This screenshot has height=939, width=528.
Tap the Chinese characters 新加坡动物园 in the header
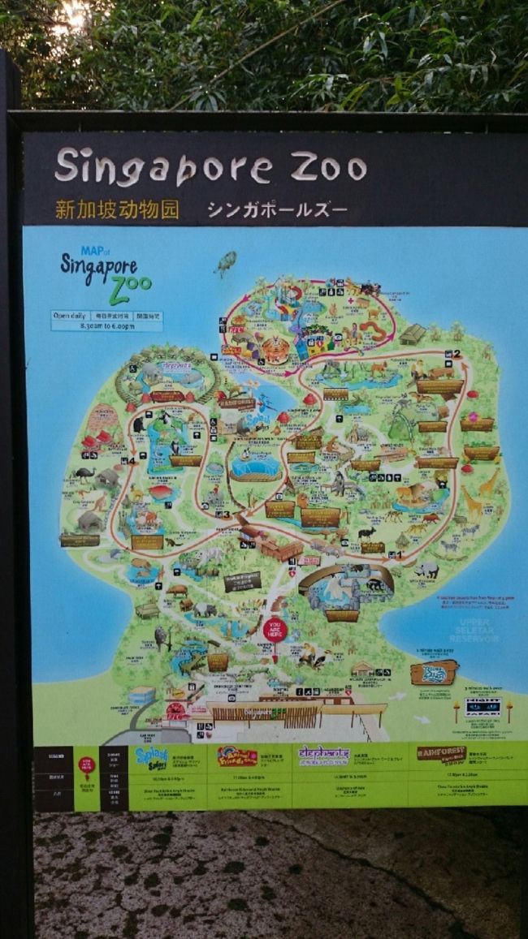pos(117,209)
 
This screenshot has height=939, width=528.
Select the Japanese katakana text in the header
pos(277,210)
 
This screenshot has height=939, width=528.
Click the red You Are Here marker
pos(275,630)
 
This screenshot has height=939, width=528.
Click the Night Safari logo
pos(483,705)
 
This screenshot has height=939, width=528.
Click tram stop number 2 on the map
pos(457,354)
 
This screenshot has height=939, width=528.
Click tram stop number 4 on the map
pos(130,461)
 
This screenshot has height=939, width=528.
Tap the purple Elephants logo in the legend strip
pos(324,756)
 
